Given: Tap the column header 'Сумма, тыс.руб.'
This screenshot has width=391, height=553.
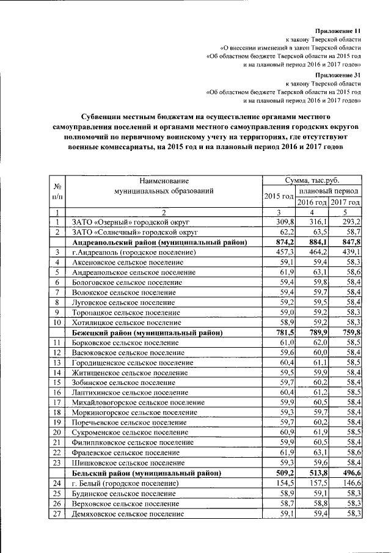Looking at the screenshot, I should pyautogui.click(x=312, y=181).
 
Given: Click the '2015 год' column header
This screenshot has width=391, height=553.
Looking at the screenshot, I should pyautogui.click(x=279, y=196).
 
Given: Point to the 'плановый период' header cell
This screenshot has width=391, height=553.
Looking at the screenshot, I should pyautogui.click(x=329, y=191).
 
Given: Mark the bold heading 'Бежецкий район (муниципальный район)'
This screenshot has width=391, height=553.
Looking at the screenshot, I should pyautogui.click(x=147, y=332).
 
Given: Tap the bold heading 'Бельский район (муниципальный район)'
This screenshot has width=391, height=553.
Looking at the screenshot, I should pyautogui.click(x=146, y=472).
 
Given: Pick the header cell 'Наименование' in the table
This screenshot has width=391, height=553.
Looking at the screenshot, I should pyautogui.click(x=163, y=181).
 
